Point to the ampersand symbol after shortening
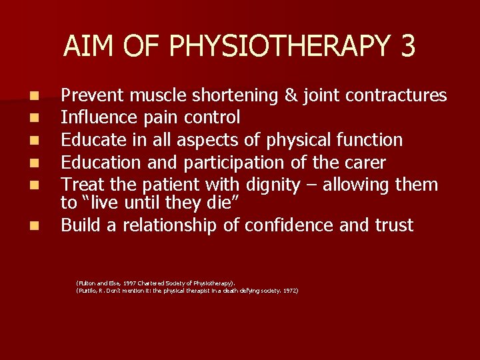coord(291,95)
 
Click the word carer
coord(363,162)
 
